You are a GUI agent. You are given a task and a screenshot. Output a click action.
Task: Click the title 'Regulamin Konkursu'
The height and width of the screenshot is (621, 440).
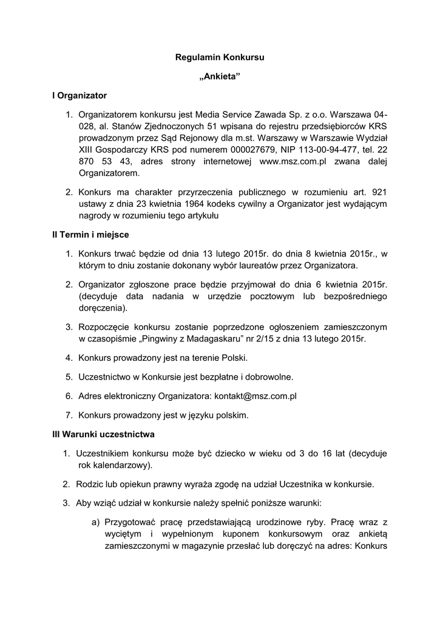tap(220, 58)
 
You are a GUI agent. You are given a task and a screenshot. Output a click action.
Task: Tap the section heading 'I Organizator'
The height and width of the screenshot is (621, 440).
tap(80, 95)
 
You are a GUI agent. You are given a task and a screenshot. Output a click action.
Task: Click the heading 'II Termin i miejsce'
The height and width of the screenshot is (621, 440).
tap(90, 234)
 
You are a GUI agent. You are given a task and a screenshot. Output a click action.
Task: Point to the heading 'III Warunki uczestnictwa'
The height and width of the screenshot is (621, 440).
tap(104, 434)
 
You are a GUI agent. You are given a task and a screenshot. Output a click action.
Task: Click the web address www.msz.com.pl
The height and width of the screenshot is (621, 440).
tap(293, 162)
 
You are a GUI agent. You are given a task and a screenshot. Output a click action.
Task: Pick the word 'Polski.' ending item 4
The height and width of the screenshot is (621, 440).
tap(233, 357)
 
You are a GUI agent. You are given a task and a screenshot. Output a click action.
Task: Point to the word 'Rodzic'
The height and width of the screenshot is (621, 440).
tap(90, 484)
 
